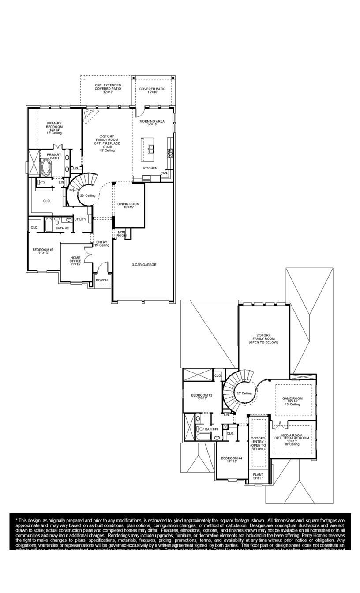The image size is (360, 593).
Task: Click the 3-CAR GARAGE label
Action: coord(144,265)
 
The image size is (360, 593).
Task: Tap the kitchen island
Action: coord(148,146)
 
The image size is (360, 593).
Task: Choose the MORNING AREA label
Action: coord(152,123)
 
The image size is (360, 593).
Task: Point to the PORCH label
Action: coord(102,280)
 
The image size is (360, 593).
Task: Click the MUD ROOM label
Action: coord(122,234)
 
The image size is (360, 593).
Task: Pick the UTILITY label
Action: coord(80,219)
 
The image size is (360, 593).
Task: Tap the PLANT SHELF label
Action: coord(258,477)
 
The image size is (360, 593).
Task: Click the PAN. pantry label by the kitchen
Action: coord(164,173)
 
